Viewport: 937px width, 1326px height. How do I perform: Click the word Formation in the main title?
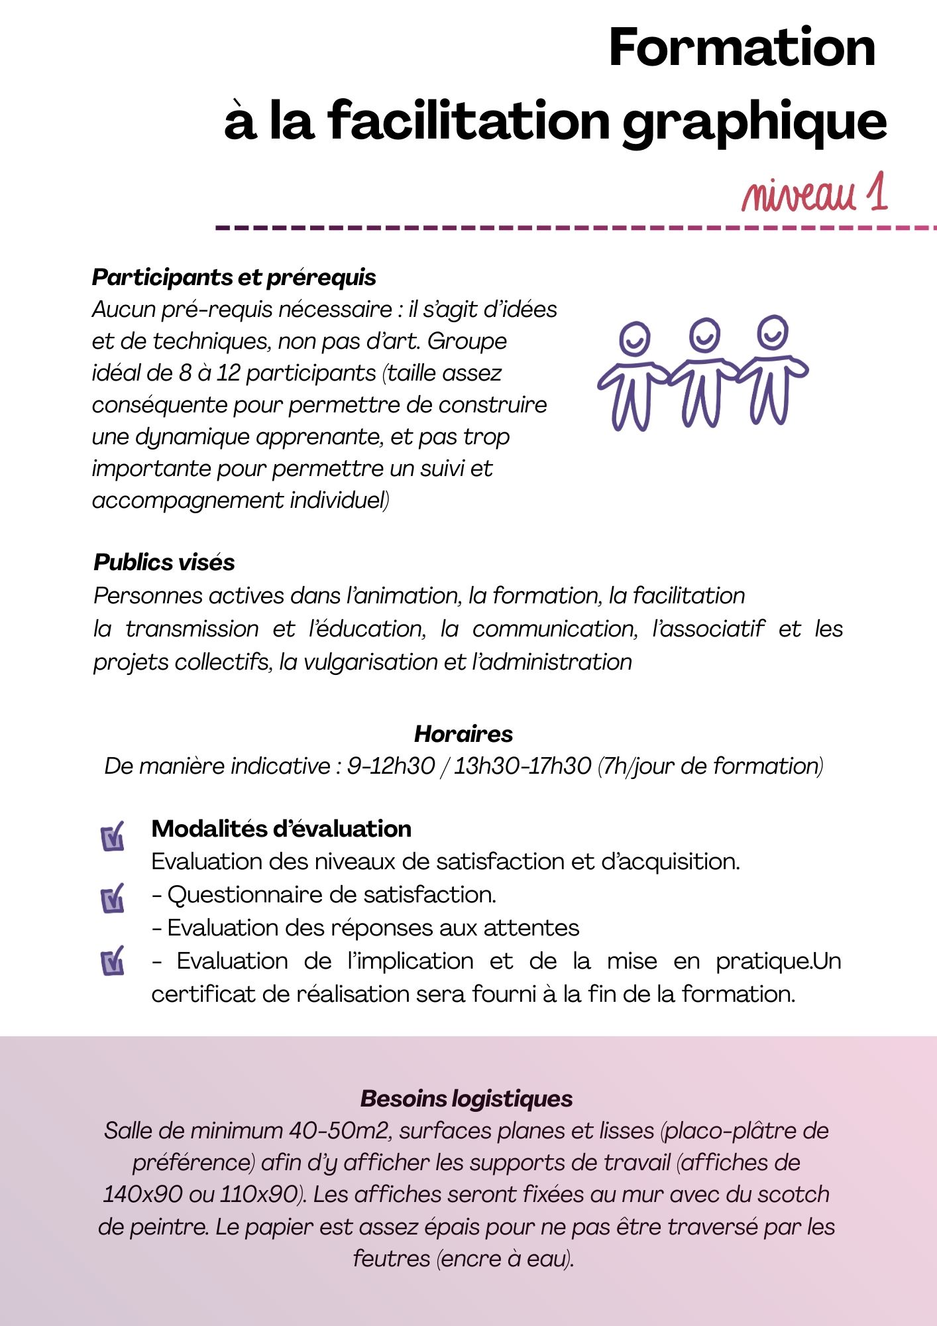tap(742, 48)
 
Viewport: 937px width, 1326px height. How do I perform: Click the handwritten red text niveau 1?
tap(814, 194)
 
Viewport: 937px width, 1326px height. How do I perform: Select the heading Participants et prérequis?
tap(234, 277)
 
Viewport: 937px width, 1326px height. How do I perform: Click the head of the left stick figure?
tap(634, 339)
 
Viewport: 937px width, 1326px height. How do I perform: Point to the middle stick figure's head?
tap(704, 335)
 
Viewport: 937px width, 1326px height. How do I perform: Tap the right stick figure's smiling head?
tap(773, 331)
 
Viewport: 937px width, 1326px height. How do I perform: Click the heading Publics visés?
tap(164, 562)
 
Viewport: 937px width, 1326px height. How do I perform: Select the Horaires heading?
tap(463, 734)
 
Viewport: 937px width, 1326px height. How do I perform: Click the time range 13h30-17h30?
tap(522, 766)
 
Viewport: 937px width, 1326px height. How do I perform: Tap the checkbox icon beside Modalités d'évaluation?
tap(113, 837)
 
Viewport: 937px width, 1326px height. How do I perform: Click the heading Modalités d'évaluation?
tap(281, 829)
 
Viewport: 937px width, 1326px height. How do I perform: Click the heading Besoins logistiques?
tap(467, 1099)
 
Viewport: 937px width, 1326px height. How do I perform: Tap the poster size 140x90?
tap(142, 1195)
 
